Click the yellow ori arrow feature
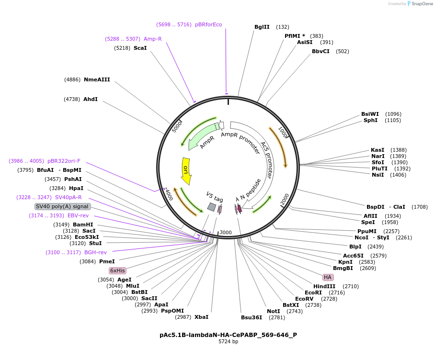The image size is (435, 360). pyautogui.click(x=186, y=171)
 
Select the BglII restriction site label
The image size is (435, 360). pyautogui.click(x=262, y=27)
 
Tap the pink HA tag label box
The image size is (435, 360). pyautogui.click(x=328, y=277)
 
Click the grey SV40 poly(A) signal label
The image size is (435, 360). pyautogui.click(x=63, y=206)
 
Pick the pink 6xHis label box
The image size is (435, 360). pyautogui.click(x=117, y=270)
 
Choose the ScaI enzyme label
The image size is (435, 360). pyautogui.click(x=140, y=48)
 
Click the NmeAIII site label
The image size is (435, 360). pyautogui.click(x=97, y=79)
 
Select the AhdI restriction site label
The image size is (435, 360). pyautogui.click(x=91, y=99)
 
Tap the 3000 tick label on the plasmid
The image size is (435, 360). pyautogui.click(x=226, y=233)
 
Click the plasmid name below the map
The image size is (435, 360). pyautogui.click(x=228, y=335)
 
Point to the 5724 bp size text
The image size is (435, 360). pyautogui.click(x=228, y=342)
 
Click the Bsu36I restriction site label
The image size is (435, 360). pyautogui.click(x=252, y=317)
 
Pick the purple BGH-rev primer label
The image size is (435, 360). pyautogui.click(x=95, y=252)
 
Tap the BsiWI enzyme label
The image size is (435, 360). pyautogui.click(x=370, y=114)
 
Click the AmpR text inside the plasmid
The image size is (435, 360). pyautogui.click(x=207, y=142)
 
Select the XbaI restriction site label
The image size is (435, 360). pyautogui.click(x=201, y=317)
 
